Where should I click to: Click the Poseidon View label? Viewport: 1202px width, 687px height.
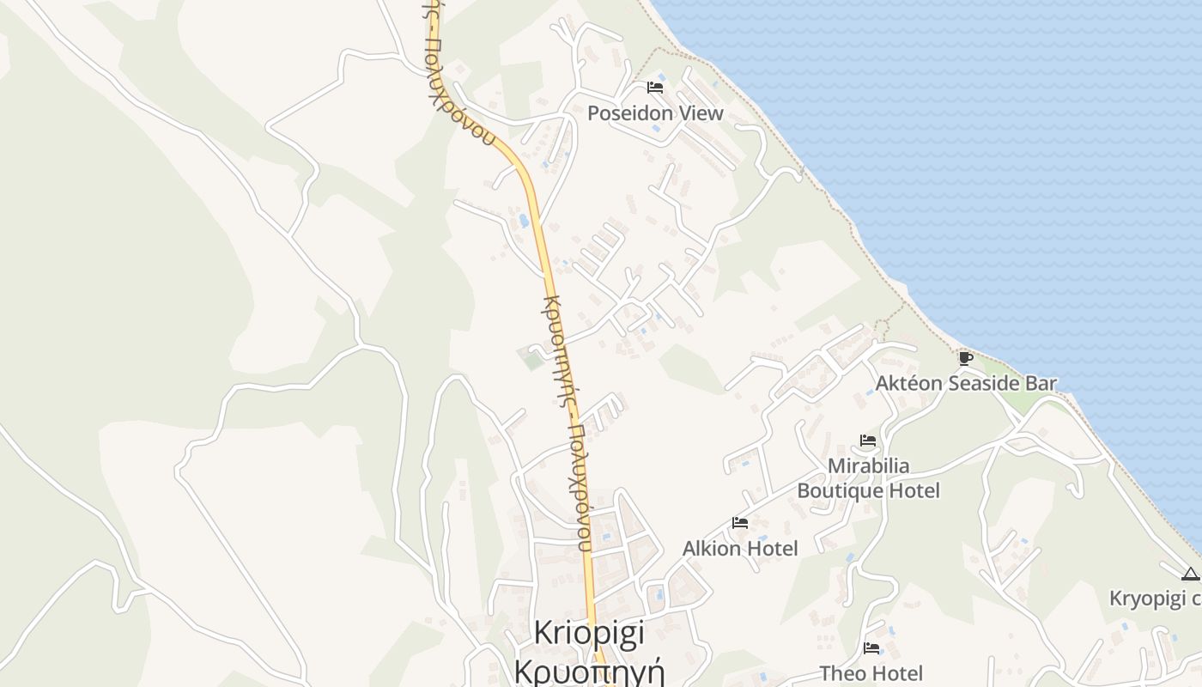pyautogui.click(x=655, y=113)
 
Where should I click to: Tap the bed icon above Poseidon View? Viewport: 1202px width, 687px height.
pyautogui.click(x=655, y=88)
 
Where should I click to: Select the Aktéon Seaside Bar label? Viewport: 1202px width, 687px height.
pyautogui.click(x=966, y=383)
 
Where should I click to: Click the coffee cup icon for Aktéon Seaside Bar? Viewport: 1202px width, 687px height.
pyautogui.click(x=965, y=358)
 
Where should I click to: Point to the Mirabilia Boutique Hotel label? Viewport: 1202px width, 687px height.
pyautogui.click(x=868, y=478)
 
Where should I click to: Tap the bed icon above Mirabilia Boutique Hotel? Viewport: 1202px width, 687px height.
pyautogui.click(x=868, y=441)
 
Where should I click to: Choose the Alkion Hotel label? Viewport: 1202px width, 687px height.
pyautogui.click(x=740, y=548)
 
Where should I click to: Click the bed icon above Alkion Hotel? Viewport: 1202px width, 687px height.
pyautogui.click(x=740, y=523)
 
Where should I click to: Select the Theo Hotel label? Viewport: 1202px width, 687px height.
pyautogui.click(x=871, y=673)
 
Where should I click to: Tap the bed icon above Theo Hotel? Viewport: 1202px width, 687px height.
pyautogui.click(x=871, y=648)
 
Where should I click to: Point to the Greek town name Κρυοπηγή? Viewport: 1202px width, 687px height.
pyautogui.click(x=589, y=669)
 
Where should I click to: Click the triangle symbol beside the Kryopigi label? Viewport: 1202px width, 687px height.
pyautogui.click(x=1190, y=575)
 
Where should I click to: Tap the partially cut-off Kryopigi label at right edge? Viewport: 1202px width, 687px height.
pyautogui.click(x=1155, y=598)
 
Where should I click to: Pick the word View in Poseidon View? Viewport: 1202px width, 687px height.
pyautogui.click(x=700, y=113)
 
